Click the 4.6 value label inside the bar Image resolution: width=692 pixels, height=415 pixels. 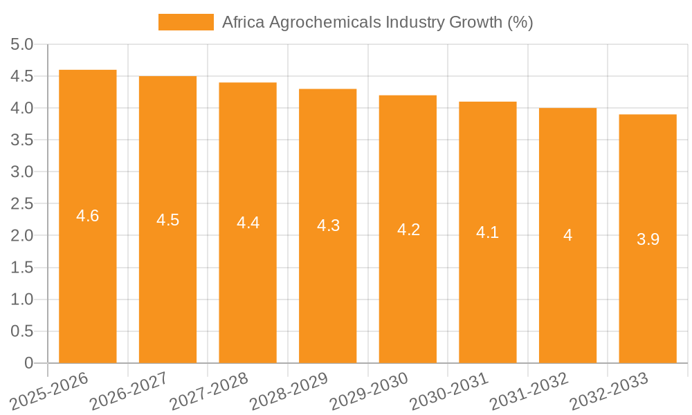click(x=88, y=216)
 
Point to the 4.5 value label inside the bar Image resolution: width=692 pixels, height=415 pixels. click(x=167, y=220)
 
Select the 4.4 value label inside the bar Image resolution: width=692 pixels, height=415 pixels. click(x=248, y=223)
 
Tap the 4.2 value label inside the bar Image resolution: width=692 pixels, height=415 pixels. click(x=408, y=230)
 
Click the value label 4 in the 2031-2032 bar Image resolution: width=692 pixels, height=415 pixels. click(x=567, y=236)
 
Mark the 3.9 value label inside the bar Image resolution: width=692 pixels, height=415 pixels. click(x=648, y=239)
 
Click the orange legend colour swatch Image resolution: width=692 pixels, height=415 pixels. click(x=186, y=22)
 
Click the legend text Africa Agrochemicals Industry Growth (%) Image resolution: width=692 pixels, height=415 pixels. click(x=377, y=22)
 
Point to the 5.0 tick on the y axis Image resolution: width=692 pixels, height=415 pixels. click(x=22, y=45)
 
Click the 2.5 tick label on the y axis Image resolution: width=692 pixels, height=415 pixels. click(x=22, y=204)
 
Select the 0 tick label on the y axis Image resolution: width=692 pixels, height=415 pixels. click(x=28, y=363)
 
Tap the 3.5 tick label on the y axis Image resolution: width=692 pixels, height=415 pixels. click(x=22, y=140)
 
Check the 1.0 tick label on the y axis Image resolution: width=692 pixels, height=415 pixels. click(x=22, y=299)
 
